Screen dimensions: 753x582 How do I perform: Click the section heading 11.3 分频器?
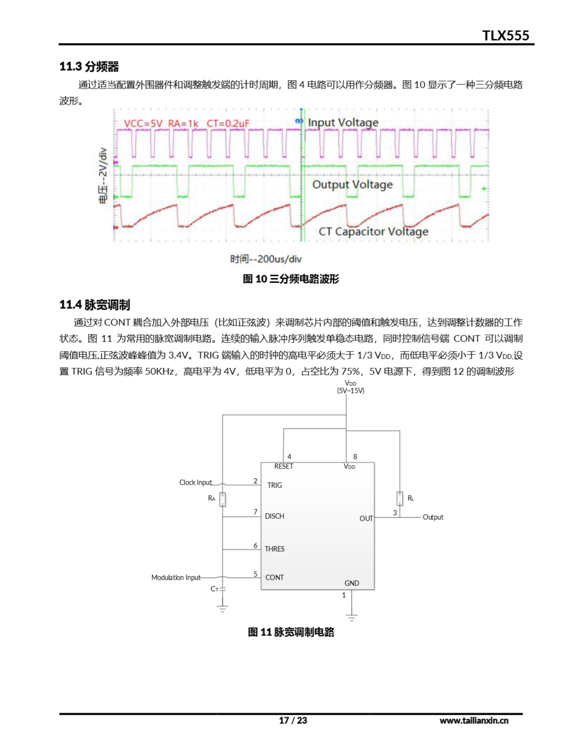(89, 66)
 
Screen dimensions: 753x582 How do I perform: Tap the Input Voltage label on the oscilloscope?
(343, 122)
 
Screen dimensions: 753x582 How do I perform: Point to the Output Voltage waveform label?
(352, 184)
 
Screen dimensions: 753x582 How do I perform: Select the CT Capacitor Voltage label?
(373, 231)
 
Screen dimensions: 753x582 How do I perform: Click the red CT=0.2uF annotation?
(228, 124)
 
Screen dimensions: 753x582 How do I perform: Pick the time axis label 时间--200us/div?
(266, 259)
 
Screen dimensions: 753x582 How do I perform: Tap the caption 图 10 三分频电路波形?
(291, 279)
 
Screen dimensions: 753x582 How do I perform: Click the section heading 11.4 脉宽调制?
(94, 304)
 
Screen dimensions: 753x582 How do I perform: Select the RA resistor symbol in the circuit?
(222, 499)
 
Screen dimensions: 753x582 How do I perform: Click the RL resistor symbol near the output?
(400, 498)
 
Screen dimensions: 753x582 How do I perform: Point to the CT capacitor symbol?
(222, 589)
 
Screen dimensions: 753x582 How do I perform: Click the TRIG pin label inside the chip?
(274, 485)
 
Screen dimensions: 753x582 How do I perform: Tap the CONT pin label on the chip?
(274, 577)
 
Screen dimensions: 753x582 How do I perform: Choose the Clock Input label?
(195, 482)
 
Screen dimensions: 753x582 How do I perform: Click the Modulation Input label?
(176, 577)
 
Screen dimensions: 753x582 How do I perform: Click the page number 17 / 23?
(293, 720)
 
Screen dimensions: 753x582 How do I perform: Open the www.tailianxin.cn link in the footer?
(474, 721)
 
